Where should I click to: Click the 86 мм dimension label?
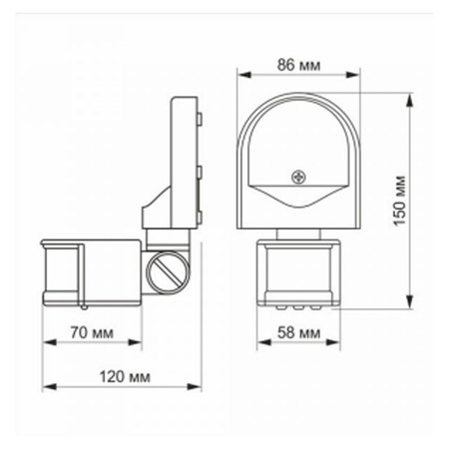[298, 65]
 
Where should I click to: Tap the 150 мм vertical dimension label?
[399, 202]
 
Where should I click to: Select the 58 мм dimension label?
[298, 332]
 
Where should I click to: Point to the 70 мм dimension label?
[92, 332]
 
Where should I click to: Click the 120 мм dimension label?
[125, 377]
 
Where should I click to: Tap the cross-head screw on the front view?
[298, 177]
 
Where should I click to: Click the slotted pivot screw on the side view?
[168, 273]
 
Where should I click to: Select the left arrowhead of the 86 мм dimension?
[244, 75]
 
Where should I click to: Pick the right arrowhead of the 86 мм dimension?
[353, 75]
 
